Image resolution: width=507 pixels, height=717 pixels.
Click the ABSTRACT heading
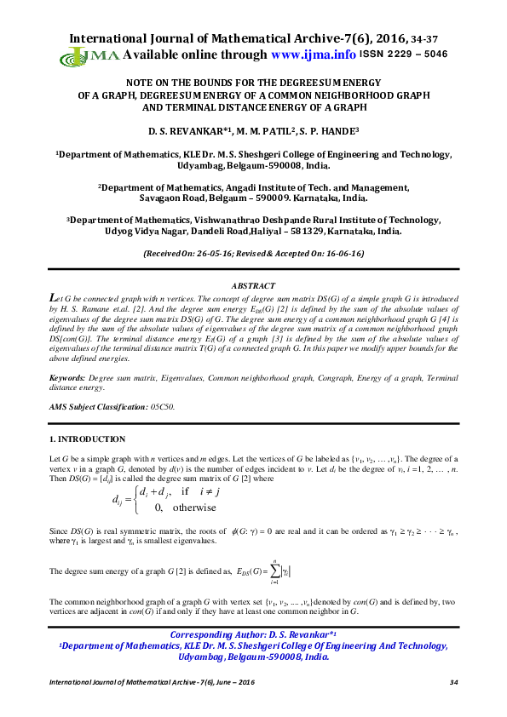point(253,286)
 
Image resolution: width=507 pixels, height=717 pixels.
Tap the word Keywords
point(67,376)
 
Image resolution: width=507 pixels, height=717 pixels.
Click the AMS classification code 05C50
point(162,407)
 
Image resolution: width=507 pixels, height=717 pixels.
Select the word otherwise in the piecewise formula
point(193,508)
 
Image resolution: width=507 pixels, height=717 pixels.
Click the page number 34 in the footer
point(453,683)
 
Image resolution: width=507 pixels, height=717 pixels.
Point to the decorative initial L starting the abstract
point(55,297)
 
